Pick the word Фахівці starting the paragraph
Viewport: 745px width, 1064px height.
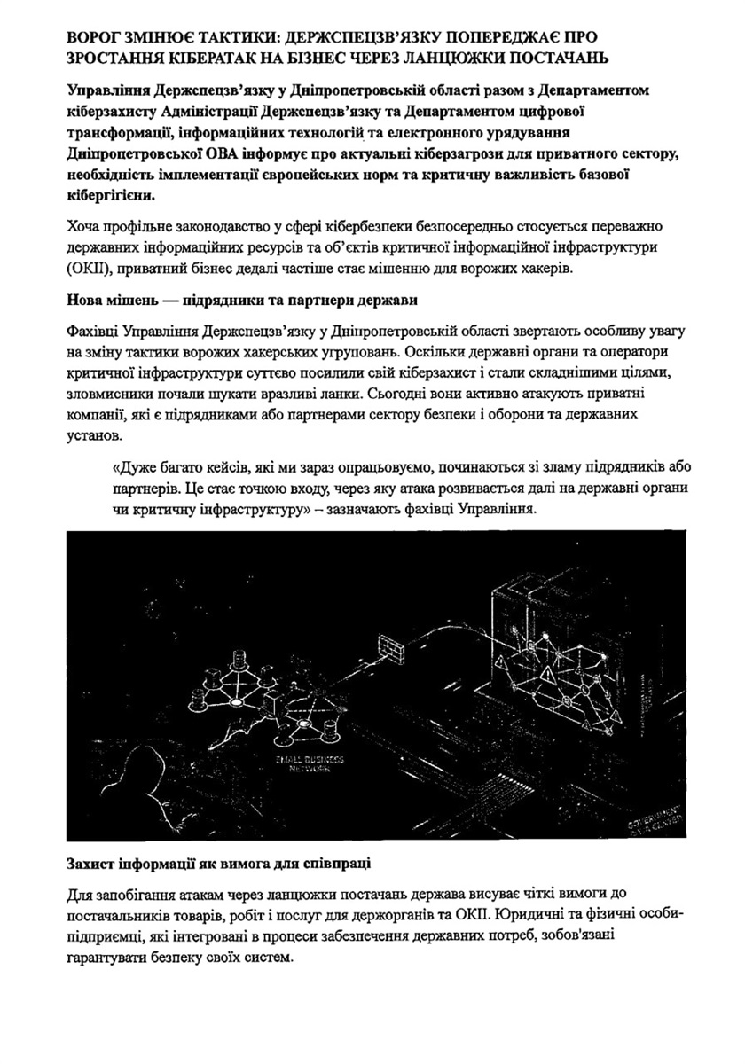pyautogui.click(x=94, y=332)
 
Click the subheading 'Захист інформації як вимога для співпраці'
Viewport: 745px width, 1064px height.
pyautogui.click(x=220, y=864)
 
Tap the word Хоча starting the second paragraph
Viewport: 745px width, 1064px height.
pyautogui.click(x=84, y=226)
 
